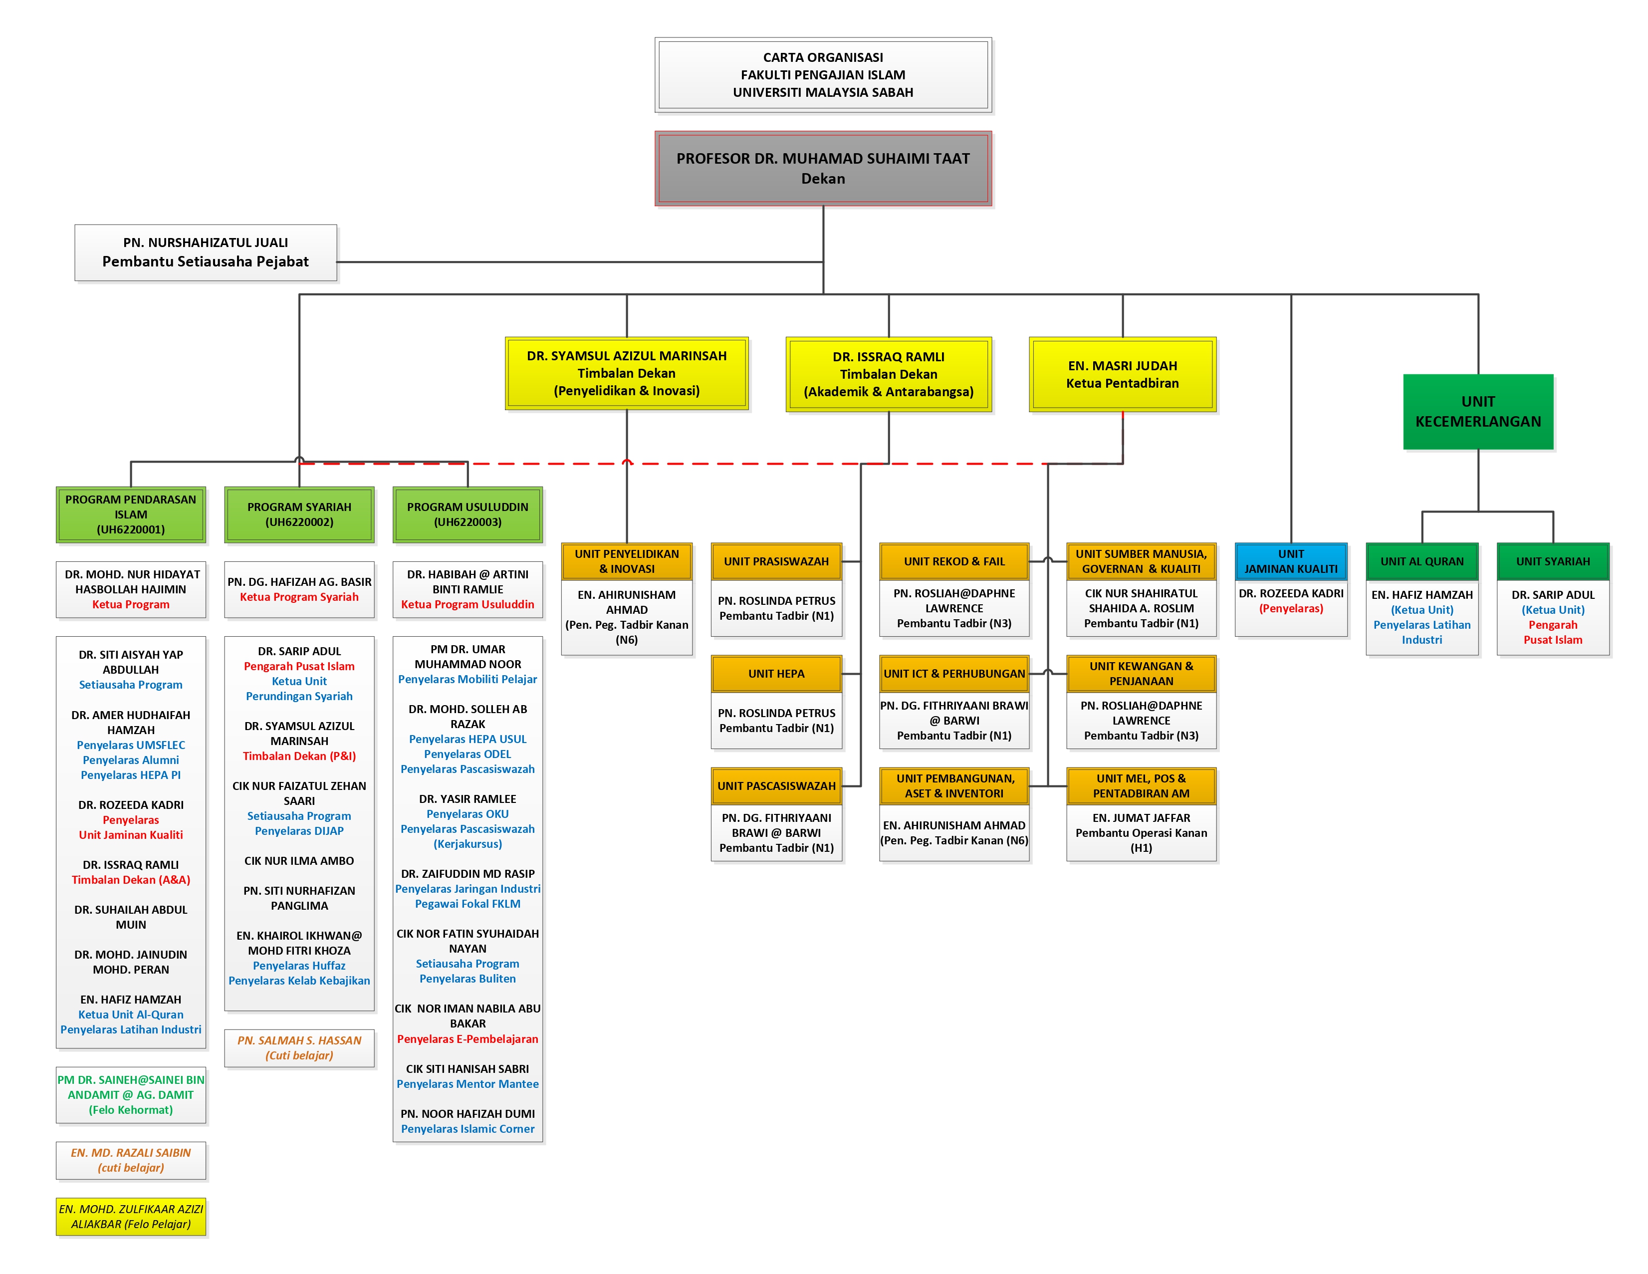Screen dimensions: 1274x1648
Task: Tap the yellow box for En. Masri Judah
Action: click(1122, 374)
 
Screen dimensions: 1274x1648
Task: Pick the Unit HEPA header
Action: click(776, 673)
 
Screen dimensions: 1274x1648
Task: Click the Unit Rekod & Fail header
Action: click(954, 561)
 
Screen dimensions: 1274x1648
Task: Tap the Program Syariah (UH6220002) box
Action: click(299, 514)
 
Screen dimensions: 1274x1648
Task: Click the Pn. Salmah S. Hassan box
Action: click(299, 1047)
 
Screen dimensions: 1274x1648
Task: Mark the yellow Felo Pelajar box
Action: click(131, 1216)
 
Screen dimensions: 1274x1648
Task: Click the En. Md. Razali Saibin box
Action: click(131, 1160)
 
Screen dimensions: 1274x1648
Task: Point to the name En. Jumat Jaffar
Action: click(1141, 817)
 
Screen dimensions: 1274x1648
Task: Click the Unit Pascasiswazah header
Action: click(776, 785)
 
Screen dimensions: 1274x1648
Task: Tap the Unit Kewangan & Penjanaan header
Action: click(1141, 673)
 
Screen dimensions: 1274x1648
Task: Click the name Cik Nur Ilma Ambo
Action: click(299, 860)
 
